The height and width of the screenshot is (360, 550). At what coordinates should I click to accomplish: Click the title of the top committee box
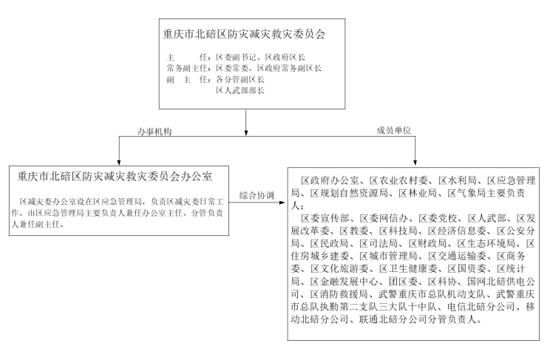(244, 34)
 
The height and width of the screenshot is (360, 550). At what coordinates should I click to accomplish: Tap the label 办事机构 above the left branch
(155, 132)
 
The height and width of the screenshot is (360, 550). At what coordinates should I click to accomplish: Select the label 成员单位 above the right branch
(394, 131)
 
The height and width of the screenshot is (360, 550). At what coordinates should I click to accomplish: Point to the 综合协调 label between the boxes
(257, 195)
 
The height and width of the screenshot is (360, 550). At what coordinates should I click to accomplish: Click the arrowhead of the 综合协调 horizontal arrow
(282, 203)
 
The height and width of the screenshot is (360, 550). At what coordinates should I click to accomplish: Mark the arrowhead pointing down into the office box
(119, 163)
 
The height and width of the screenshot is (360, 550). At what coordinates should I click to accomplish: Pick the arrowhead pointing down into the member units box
(415, 163)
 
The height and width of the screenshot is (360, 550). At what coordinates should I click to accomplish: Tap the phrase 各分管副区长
(240, 79)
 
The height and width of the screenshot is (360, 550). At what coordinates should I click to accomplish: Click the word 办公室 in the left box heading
(197, 176)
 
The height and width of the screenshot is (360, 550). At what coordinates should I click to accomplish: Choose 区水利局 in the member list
(457, 180)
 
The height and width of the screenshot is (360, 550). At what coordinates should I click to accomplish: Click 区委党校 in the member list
(438, 218)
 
